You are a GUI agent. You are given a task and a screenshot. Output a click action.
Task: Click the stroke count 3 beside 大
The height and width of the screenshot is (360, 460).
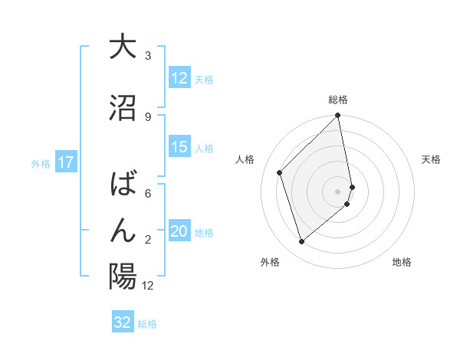click(148, 55)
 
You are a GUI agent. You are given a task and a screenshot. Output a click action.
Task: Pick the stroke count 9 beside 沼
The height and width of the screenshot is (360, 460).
click(148, 116)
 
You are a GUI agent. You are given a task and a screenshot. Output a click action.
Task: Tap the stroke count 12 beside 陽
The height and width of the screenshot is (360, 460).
click(148, 286)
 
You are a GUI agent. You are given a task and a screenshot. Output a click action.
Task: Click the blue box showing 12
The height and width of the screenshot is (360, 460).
click(179, 78)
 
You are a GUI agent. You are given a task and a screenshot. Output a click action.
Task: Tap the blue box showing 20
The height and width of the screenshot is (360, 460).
click(179, 232)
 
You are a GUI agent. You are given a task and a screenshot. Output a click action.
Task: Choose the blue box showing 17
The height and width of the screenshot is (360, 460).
click(65, 162)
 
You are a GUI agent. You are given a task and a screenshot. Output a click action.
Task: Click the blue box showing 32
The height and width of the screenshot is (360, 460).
click(123, 322)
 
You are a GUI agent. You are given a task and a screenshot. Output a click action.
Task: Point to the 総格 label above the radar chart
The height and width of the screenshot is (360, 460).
click(338, 100)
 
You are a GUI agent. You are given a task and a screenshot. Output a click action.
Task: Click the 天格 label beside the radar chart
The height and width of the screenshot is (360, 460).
click(431, 159)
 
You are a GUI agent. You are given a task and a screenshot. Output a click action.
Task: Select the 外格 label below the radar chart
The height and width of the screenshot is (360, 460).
click(270, 262)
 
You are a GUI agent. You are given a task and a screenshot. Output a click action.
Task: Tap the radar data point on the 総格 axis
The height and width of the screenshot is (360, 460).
click(338, 116)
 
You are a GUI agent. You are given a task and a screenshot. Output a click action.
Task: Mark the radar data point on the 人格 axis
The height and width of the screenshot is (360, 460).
click(280, 172)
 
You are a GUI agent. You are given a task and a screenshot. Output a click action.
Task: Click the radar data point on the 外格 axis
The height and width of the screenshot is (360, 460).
click(302, 241)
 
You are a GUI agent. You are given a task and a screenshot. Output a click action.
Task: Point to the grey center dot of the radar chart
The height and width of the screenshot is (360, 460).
click(338, 191)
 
